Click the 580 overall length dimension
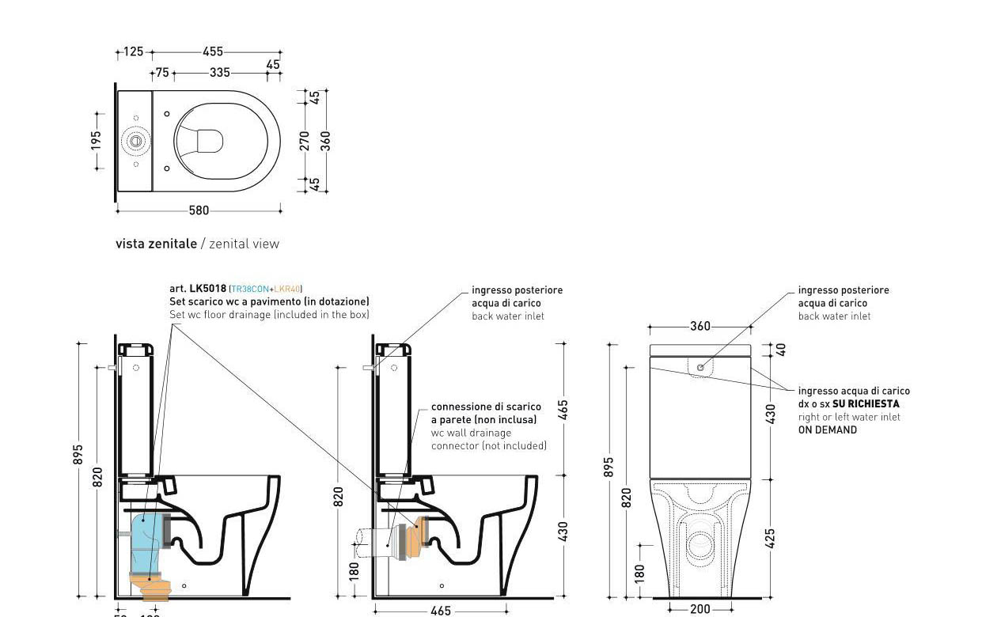coord(199,210)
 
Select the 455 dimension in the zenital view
coord(213,52)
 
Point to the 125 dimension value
coord(134,52)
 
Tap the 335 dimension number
coord(220,73)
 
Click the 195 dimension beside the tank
coord(97,140)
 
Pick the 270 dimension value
coord(305,141)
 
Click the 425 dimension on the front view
coord(770,538)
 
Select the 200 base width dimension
coord(700,609)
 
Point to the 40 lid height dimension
coord(781,349)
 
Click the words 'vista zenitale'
coord(156,244)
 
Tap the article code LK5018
coord(208,289)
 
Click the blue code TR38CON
coord(249,290)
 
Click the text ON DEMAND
coord(827,430)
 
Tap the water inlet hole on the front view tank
coord(700,368)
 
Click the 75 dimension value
coord(162,73)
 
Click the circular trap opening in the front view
coord(700,544)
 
